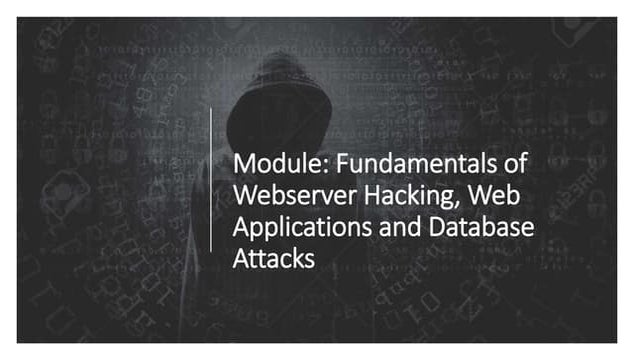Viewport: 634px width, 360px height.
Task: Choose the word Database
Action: click(x=482, y=227)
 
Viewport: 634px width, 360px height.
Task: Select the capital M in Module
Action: click(x=242, y=164)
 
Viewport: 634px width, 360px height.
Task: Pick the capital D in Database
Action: click(x=438, y=227)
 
